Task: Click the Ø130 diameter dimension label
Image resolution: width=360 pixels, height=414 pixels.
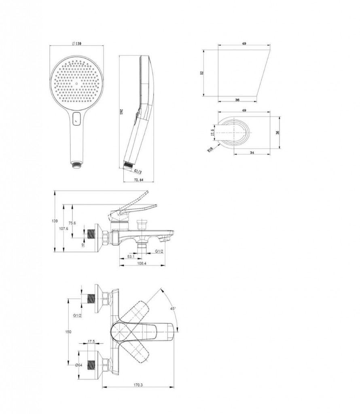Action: (76, 44)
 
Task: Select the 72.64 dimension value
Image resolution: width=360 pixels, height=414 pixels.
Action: (138, 180)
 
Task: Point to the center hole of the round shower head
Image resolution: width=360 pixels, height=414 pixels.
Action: (76, 84)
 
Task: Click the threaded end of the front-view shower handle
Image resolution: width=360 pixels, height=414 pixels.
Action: (76, 165)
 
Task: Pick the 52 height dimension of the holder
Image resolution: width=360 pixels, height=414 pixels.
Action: (201, 73)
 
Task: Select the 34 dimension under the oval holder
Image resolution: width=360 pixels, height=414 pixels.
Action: (252, 152)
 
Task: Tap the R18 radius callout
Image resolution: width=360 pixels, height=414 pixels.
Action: (210, 150)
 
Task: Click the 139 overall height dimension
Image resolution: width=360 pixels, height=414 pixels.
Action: (55, 221)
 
